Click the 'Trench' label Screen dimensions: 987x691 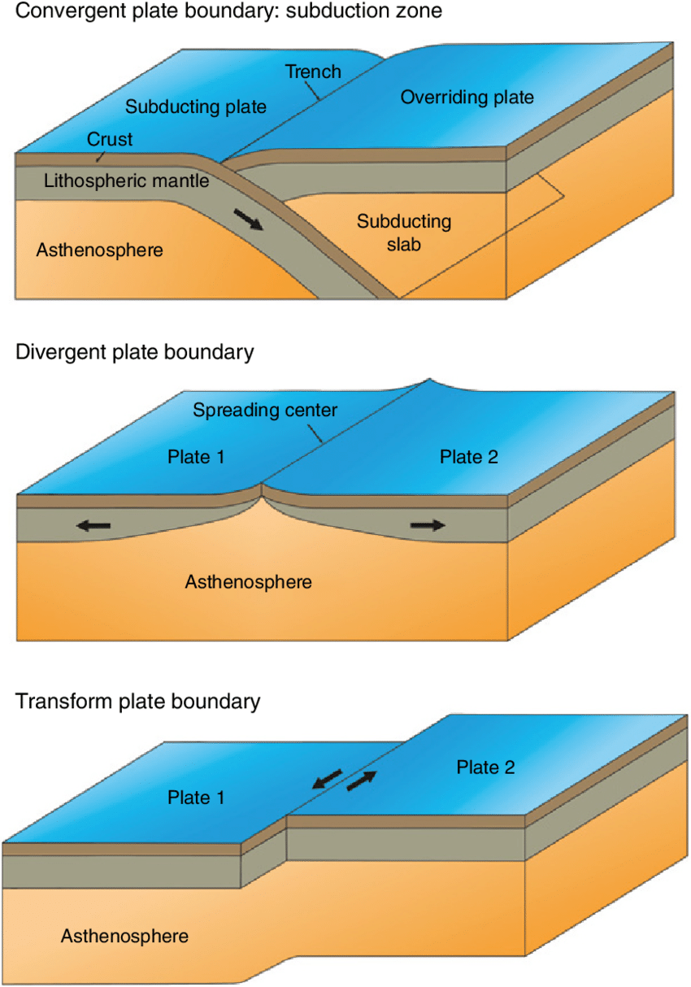point(313,72)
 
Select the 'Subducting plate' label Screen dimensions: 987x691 point(196,107)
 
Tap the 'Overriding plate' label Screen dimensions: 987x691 point(467,98)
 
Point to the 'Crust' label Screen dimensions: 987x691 point(110,140)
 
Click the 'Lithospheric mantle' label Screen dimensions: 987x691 point(127,181)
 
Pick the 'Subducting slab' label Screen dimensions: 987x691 point(404,232)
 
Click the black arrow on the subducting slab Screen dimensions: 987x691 point(248,219)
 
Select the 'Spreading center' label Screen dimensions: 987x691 point(264,411)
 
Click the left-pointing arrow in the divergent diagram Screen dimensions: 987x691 point(93,526)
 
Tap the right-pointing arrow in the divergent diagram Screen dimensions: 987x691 point(428,525)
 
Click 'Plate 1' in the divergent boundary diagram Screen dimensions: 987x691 point(196,457)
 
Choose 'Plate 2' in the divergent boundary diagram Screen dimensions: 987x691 point(469,457)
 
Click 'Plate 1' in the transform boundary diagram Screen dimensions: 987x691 point(195,797)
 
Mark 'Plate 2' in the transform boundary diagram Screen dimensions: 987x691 point(485,767)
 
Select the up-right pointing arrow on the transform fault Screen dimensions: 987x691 point(363,782)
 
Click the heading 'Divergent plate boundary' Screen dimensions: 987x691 point(135,352)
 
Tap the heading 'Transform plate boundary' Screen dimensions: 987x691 point(138,701)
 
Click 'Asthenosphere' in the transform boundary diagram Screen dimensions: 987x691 point(124,936)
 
